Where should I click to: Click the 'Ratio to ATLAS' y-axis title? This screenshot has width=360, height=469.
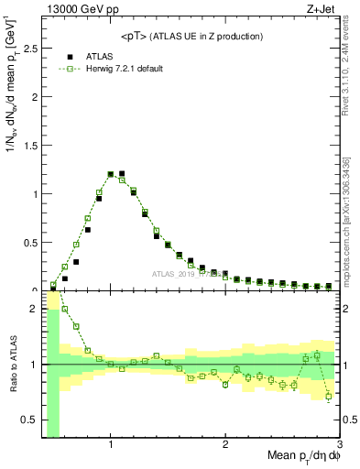[x=12, y=365]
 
